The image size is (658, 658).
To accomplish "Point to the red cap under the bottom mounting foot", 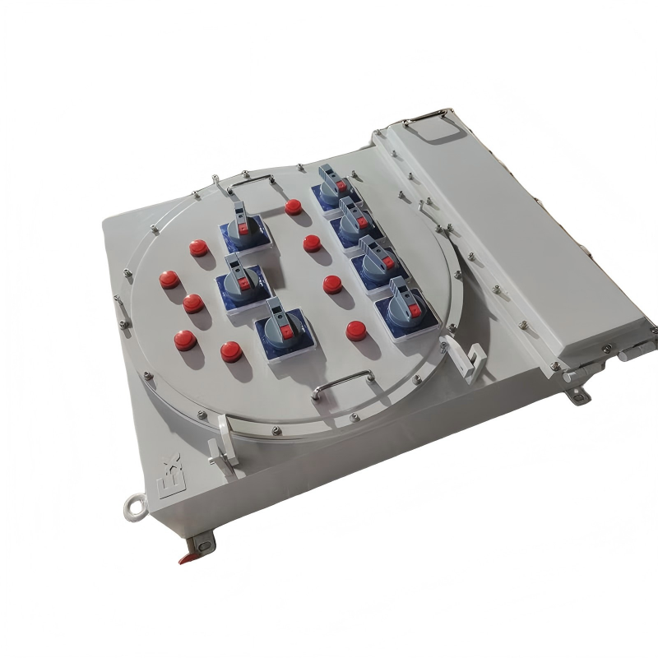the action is pyautogui.click(x=188, y=558).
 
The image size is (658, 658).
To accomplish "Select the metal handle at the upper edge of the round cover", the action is pyautogui.click(x=249, y=184).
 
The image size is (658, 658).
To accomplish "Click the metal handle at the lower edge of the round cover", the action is pyautogui.click(x=342, y=382).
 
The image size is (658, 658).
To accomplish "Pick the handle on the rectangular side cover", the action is pyautogui.click(x=426, y=117).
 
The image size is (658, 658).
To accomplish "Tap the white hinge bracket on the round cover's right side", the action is pyautogui.click(x=470, y=361).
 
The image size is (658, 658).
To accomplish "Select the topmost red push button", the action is pyautogui.click(x=294, y=206).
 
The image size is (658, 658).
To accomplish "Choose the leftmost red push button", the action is pyautogui.click(x=169, y=280).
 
